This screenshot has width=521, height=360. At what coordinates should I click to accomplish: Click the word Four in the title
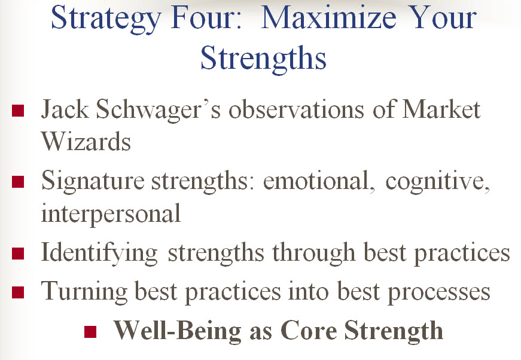205,19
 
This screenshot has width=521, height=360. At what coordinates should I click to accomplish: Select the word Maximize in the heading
328,18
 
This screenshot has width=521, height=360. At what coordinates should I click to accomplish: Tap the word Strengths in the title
263,58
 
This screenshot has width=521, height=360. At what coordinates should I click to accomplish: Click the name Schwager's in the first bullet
158,109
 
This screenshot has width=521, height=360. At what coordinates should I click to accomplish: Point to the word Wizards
86,141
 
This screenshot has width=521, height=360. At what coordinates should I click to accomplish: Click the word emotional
318,181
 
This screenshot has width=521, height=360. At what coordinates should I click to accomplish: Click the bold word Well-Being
178,331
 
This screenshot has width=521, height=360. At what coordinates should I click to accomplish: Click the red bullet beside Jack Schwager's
18,111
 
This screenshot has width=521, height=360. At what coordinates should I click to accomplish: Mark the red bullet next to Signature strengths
18,182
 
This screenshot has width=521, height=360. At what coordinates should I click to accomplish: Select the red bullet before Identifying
18,254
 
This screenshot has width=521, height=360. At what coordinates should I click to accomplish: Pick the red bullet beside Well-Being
90,331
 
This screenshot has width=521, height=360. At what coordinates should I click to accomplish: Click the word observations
296,110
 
